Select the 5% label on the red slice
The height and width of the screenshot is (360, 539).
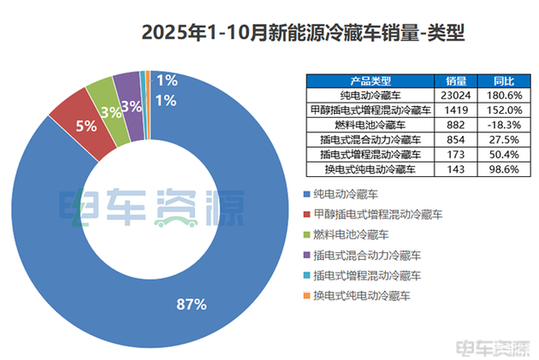87,125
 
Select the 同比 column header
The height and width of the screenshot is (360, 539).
504,80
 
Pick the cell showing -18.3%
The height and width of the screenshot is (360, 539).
504,125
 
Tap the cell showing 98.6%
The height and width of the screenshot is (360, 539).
504,169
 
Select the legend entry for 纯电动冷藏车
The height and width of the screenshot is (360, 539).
346,194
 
